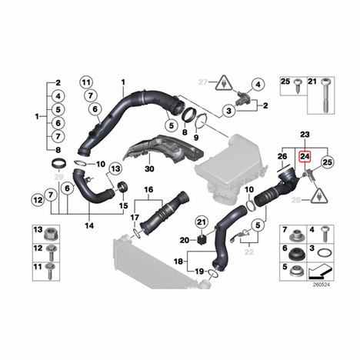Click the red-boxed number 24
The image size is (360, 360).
[x=305, y=156]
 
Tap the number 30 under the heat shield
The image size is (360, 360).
[x=149, y=169]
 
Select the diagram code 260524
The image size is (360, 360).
[x=322, y=285]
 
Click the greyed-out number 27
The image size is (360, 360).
[x=203, y=82]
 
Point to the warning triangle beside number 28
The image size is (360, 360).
[x=319, y=196]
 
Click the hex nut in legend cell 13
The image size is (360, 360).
[x=50, y=235]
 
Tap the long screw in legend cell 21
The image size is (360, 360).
[x=326, y=95]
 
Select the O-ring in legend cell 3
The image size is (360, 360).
[x=325, y=253]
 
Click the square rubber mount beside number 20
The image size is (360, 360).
[x=202, y=240]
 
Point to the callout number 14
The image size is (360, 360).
[x=89, y=225]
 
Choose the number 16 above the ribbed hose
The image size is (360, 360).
[x=148, y=190]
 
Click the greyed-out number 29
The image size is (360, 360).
[x=59, y=177]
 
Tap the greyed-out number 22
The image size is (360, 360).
[x=248, y=252]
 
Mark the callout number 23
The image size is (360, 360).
[x=305, y=134]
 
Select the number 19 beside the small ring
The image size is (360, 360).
[x=199, y=271]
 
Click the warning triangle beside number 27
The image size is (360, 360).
[x=224, y=83]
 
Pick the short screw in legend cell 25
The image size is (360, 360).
[x=298, y=86]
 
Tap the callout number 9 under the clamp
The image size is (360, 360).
[x=196, y=138]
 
